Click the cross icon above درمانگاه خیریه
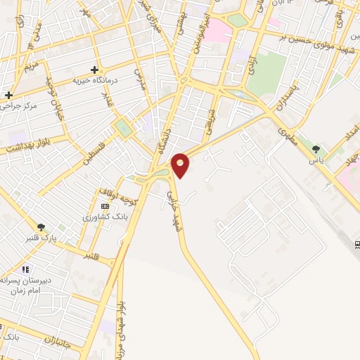94,70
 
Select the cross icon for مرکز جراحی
8,95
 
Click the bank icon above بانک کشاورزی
105,206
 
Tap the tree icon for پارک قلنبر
41,227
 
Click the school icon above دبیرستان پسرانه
25,269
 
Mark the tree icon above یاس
316,149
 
